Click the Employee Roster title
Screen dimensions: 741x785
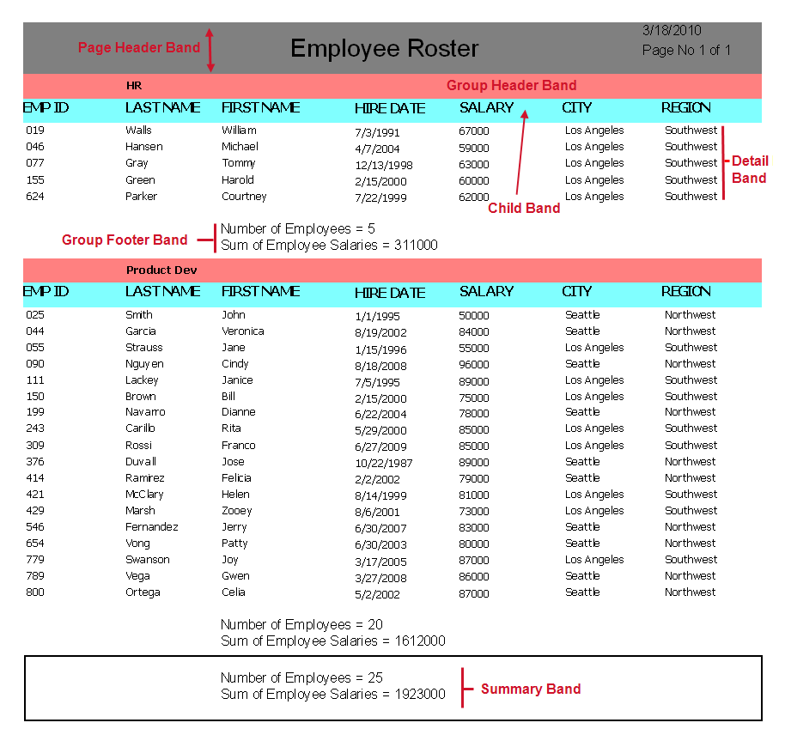385,48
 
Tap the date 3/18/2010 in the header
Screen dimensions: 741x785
672,30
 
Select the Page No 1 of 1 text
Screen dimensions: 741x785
686,51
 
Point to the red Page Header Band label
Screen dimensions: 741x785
139,48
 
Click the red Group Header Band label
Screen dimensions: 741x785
511,86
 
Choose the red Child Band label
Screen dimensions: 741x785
524,208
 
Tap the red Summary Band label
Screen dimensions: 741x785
530,689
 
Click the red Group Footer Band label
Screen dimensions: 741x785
125,240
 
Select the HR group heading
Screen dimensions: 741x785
134,86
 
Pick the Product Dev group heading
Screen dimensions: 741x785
161,270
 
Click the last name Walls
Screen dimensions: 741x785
138,131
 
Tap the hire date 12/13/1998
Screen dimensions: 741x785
384,165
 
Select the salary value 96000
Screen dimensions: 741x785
474,364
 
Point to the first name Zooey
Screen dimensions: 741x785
237,511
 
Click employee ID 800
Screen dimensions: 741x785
34,592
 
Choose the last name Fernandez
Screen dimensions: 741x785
152,527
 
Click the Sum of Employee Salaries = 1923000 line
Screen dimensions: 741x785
333,694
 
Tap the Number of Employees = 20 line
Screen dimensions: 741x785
301,624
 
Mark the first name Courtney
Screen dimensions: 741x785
244,197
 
